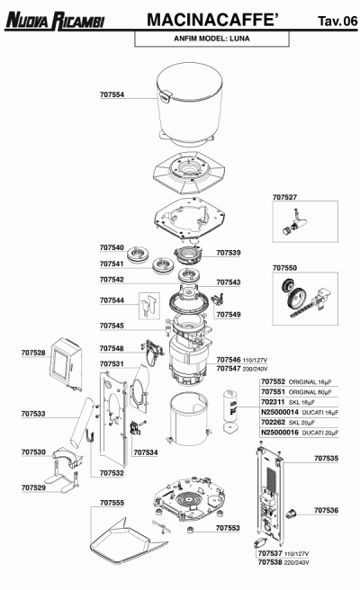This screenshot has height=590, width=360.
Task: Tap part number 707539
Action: pyautogui.click(x=229, y=254)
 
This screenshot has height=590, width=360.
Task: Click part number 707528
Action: pyautogui.click(x=33, y=353)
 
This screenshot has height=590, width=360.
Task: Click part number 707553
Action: pyautogui.click(x=229, y=528)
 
